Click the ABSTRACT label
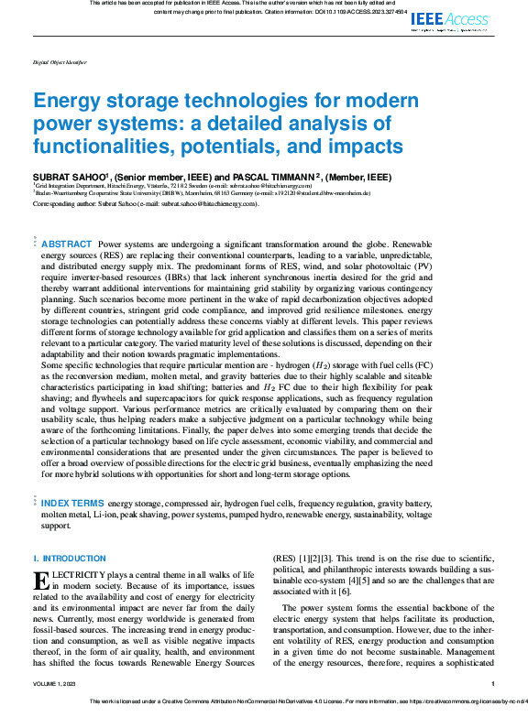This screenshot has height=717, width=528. pos(67,244)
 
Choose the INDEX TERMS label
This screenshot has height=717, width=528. pos(73,503)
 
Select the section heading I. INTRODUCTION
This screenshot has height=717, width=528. pos(57,559)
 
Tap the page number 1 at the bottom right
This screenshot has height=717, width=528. pos(493,684)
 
